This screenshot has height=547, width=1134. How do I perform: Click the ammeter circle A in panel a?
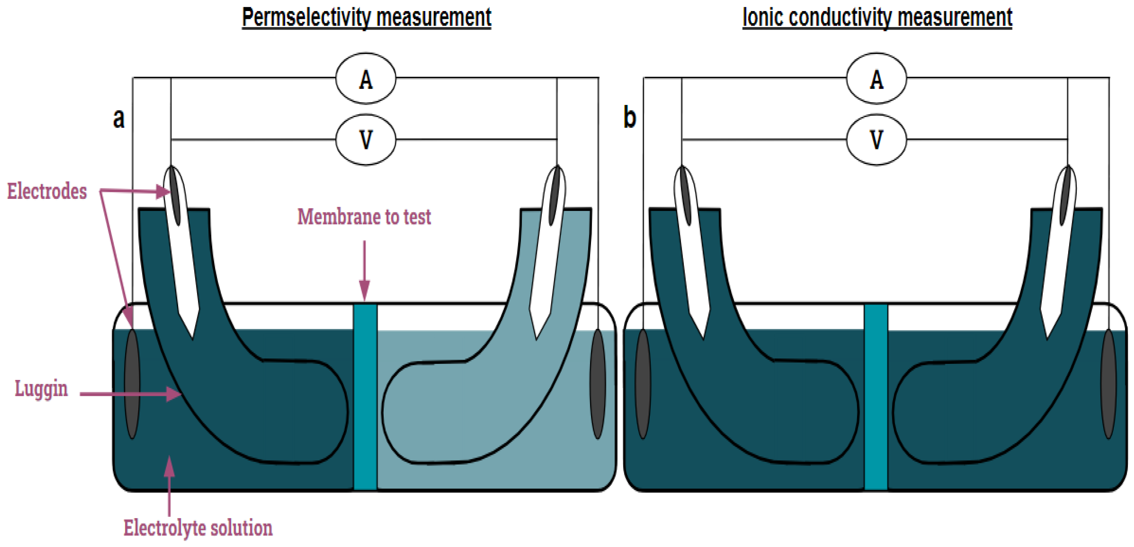point(366,78)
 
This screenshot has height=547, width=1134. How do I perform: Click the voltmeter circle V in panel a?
point(366,140)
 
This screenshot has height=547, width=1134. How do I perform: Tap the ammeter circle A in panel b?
point(877,78)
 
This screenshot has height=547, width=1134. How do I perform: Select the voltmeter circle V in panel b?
point(877,140)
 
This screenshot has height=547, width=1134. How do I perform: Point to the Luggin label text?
point(41,388)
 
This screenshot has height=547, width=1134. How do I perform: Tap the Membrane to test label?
point(364,217)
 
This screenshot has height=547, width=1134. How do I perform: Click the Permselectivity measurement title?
point(366,18)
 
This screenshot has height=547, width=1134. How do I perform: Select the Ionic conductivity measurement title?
point(877,18)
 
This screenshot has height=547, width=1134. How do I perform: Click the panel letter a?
point(119,118)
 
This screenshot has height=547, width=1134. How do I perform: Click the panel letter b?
point(629,118)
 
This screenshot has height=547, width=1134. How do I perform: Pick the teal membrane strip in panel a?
point(366,396)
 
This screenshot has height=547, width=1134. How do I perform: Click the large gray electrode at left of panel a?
point(132,383)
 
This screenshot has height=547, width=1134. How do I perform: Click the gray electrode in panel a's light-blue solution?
point(597,383)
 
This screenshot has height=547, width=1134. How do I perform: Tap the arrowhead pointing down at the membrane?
point(364,291)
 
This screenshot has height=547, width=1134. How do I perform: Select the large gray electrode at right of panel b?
point(1108,383)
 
